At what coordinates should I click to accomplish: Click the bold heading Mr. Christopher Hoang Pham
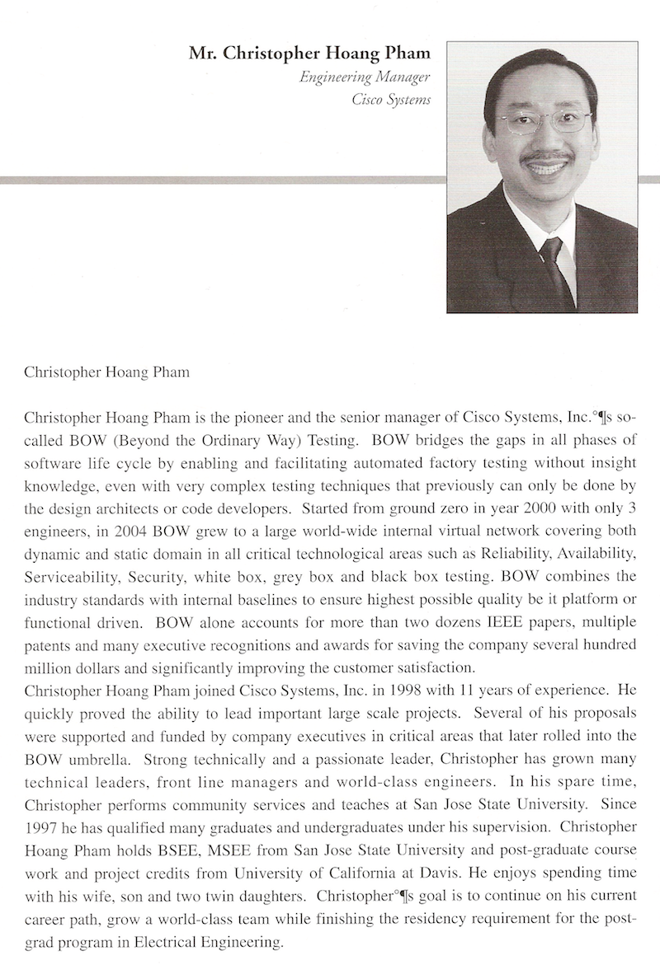(310, 54)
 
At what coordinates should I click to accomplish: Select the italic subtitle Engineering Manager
(366, 78)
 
